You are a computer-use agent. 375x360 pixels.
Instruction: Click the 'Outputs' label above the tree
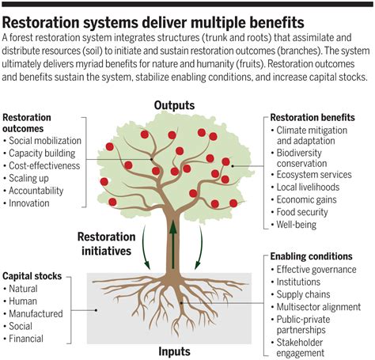[174, 105]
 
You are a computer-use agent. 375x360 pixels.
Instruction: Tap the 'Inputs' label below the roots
[174, 351]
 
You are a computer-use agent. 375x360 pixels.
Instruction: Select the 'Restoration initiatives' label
[106, 244]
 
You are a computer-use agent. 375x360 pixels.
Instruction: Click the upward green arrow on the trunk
[173, 244]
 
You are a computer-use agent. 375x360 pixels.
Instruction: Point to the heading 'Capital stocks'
[32, 276]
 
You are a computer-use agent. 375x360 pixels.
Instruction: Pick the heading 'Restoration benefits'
[312, 117]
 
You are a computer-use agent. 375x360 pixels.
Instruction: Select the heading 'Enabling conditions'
[311, 256]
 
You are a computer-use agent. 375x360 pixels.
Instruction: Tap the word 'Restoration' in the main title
[40, 22]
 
